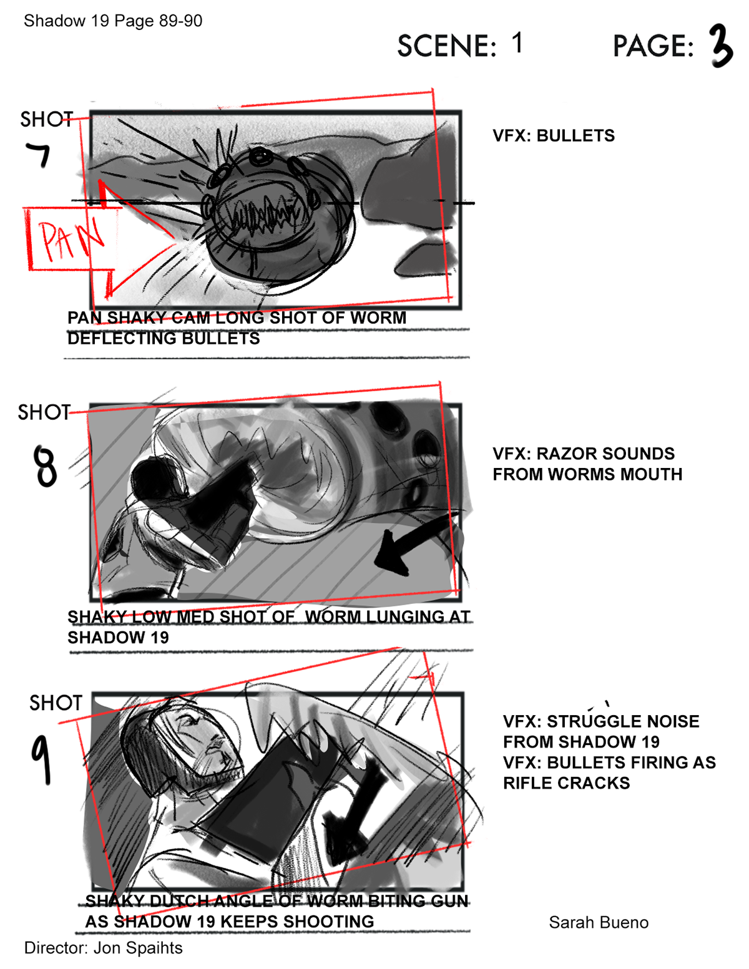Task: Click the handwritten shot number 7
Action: [38, 154]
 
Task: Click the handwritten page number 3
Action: [720, 46]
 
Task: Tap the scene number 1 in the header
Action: [517, 43]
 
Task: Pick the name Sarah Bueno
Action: [599, 922]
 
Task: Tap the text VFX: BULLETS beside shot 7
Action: [554, 135]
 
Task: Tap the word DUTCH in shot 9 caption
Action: [179, 901]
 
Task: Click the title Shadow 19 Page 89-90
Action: [113, 21]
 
